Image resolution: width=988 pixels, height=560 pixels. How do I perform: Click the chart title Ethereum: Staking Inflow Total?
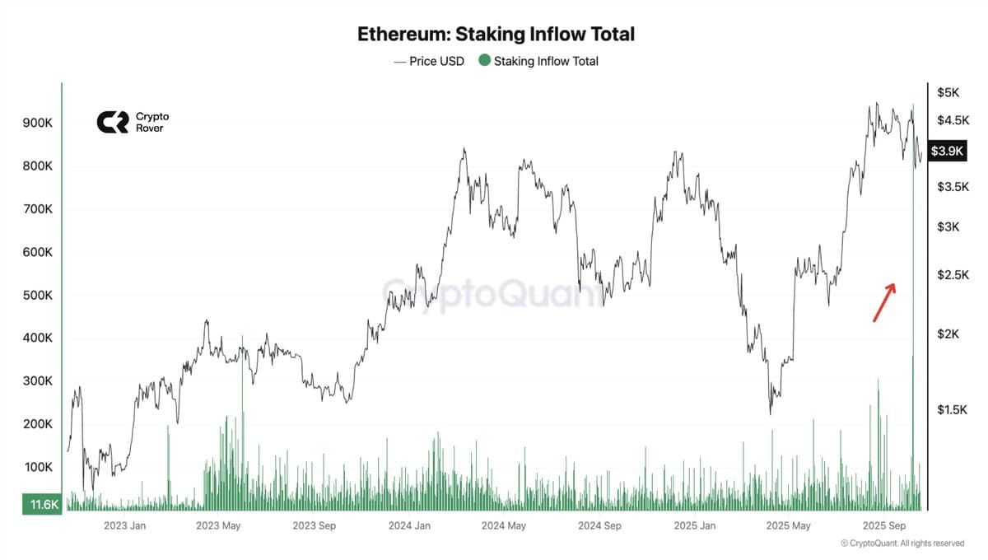coord(496,35)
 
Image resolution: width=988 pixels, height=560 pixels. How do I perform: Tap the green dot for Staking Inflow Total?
coord(484,60)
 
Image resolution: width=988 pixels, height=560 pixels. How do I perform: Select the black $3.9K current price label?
coord(947,152)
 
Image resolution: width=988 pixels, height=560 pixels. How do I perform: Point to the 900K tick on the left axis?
coord(37,123)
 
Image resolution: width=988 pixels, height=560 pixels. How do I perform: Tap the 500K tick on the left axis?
coord(37,295)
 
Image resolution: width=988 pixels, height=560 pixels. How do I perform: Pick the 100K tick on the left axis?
coord(37,467)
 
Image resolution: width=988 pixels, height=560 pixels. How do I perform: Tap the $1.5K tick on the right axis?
coord(953,409)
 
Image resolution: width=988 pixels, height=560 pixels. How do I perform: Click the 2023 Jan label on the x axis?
coord(125,525)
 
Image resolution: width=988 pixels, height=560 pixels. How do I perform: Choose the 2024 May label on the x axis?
coord(503,525)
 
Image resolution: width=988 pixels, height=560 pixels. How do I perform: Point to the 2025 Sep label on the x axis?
coord(883,525)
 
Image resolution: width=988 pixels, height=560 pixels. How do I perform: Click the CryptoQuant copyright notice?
coord(902,544)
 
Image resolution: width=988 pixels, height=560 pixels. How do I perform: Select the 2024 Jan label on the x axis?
coord(409,525)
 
